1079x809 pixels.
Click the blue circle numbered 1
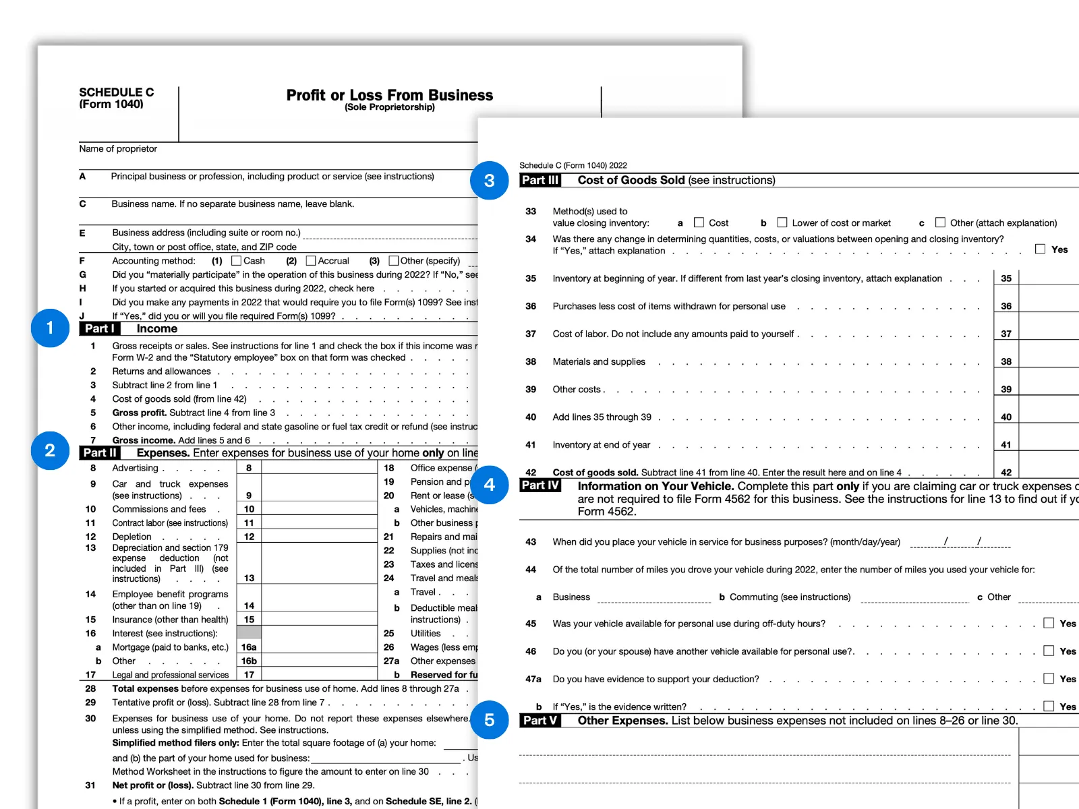coord(50,328)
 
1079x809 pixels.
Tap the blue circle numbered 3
coord(489,181)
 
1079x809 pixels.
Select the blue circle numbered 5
coord(489,720)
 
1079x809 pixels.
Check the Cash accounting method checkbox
coord(236,260)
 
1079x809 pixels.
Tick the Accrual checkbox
coord(311,260)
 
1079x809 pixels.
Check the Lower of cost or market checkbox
coord(782,222)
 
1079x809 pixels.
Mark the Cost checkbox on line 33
coord(699,222)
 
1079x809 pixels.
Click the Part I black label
coord(100,329)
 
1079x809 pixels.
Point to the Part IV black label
coord(540,485)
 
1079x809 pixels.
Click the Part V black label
coord(540,721)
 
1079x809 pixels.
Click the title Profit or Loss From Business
coord(390,95)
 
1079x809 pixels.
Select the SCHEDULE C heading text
coord(117,92)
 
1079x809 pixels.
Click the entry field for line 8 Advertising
coord(319,468)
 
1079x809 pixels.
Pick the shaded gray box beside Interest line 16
coord(249,633)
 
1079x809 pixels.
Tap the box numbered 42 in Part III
coord(1006,473)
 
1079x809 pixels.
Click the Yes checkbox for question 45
coord(1049,623)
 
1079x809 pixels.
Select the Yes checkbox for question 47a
coord(1049,678)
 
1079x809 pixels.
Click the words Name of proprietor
coord(118,149)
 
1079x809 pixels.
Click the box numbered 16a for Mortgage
coord(249,647)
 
